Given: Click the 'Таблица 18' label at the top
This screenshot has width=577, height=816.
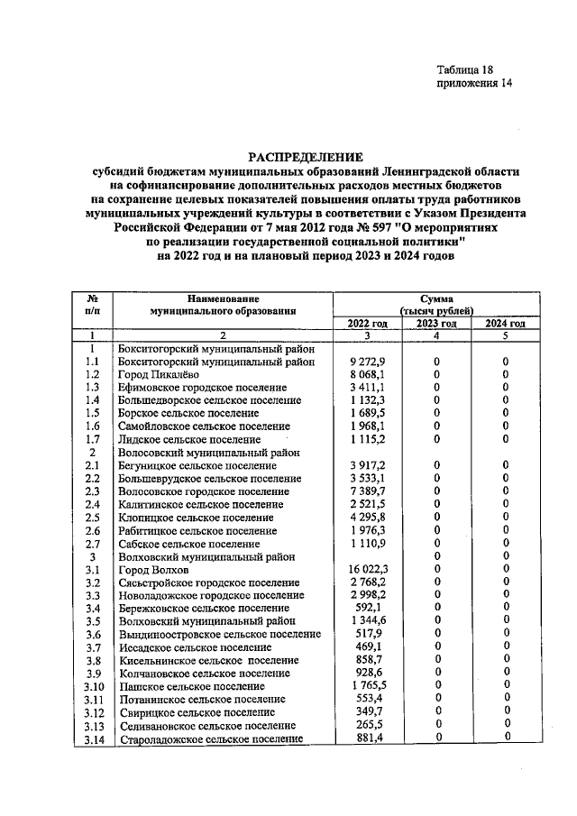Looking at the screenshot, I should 465,69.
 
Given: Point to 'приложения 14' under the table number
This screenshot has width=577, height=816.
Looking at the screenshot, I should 474,84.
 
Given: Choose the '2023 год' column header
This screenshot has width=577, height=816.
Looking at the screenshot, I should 436,324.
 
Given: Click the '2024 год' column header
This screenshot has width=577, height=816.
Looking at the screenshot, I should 505,324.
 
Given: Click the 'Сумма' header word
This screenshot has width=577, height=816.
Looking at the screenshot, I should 436,298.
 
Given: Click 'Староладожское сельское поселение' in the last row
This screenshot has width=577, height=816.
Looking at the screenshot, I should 210,739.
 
